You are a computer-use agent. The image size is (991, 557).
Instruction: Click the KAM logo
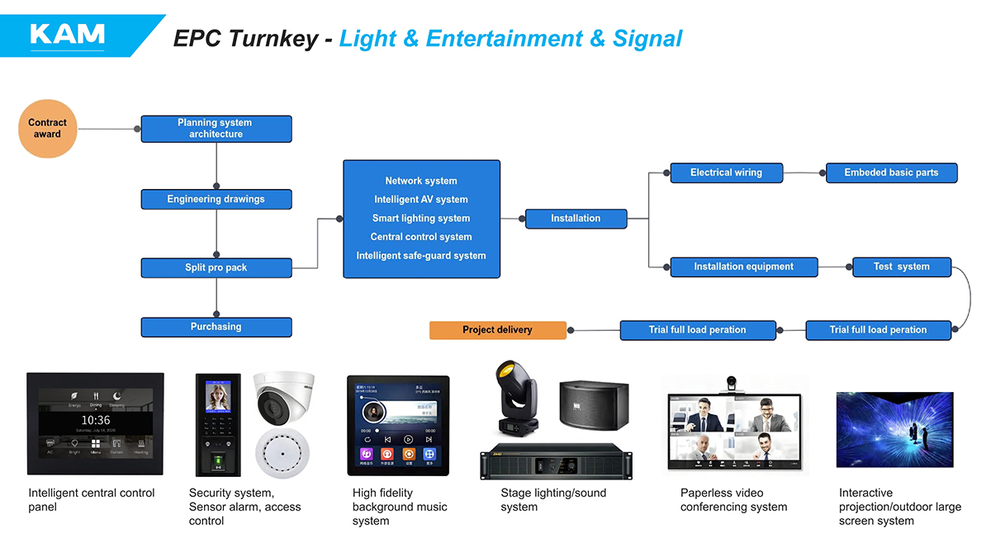click(67, 34)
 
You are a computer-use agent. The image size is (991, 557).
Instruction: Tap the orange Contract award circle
click(47, 128)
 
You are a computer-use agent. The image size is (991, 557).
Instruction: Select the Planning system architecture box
click(216, 129)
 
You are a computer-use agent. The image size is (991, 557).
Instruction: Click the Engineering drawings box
click(216, 199)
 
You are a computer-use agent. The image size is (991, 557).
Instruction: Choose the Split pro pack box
click(216, 267)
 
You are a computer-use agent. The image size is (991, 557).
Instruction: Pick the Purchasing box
click(216, 327)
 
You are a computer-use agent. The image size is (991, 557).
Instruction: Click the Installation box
click(576, 219)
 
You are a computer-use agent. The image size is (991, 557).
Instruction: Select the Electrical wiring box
click(726, 172)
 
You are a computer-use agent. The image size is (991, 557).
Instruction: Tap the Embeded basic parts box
click(891, 172)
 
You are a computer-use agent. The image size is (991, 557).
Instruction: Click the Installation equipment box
click(743, 267)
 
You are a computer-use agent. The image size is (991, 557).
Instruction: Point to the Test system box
click(901, 267)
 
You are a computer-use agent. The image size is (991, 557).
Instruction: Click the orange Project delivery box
click(497, 330)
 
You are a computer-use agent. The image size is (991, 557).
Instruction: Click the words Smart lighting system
click(421, 219)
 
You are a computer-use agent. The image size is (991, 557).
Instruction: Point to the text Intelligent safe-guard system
click(421, 256)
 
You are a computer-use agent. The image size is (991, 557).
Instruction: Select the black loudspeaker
click(593, 404)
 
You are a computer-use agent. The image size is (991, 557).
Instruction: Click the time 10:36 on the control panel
click(96, 420)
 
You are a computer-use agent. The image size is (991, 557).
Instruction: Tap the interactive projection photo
click(894, 430)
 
